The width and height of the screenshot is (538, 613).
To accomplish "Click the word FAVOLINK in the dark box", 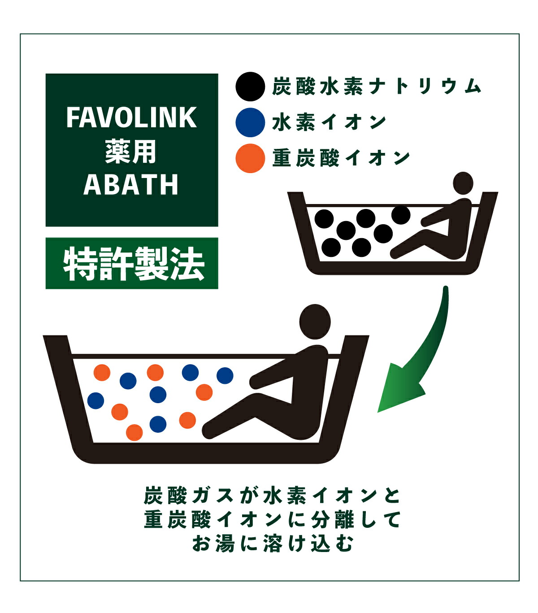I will tap(131, 117).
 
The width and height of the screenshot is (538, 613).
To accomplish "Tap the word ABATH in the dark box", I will tap(131, 184).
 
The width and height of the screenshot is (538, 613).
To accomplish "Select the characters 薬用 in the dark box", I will tap(131, 152).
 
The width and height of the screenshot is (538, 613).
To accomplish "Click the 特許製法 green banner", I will tap(132, 263).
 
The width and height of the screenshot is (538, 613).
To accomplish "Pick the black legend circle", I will tap(250, 87).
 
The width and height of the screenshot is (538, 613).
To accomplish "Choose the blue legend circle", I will tap(250, 122).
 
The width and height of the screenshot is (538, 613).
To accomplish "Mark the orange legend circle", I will tap(250, 158).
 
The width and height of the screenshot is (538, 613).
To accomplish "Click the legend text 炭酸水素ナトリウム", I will tap(377, 87).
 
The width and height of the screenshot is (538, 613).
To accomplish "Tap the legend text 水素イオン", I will tap(329, 122).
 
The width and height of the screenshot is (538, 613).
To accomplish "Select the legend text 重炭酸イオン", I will tap(341, 158).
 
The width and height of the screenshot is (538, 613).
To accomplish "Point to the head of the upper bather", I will tap(463, 183).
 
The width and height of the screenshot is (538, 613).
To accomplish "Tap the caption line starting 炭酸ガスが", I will tap(272, 496).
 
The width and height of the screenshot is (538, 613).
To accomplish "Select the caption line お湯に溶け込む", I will tap(273, 543).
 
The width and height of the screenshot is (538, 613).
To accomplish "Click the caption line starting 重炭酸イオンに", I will tap(272, 520).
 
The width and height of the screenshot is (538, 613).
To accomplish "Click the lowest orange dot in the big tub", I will tap(134, 432).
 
